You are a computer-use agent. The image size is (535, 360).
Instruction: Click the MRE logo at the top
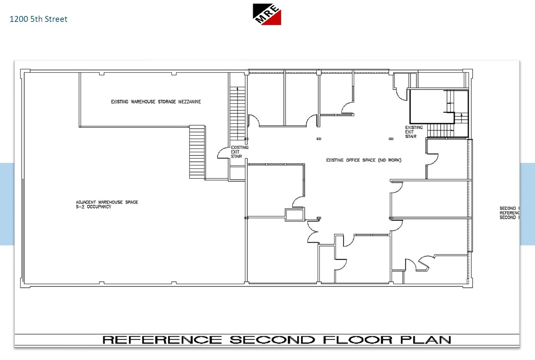pyautogui.click(x=267, y=14)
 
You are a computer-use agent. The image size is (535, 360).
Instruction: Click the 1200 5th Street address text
pyautogui.click(x=38, y=19)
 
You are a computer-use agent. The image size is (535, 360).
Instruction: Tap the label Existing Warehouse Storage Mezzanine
pyautogui.click(x=156, y=102)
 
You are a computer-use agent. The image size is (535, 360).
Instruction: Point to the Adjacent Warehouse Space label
pyautogui.click(x=107, y=202)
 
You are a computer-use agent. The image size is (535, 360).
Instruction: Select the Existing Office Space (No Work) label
pyautogui.click(x=364, y=160)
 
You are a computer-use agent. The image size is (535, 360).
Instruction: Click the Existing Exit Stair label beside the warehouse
pyautogui.click(x=239, y=152)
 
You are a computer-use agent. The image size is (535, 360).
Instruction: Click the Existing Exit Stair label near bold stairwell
pyautogui.click(x=413, y=132)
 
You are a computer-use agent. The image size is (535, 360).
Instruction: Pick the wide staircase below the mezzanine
pyautogui.click(x=197, y=152)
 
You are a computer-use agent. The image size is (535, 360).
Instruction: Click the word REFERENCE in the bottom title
pyautogui.click(x=162, y=340)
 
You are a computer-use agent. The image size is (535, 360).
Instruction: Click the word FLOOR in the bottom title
pyautogui.click(x=357, y=340)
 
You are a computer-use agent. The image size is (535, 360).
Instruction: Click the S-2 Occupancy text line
pyautogui.click(x=94, y=207)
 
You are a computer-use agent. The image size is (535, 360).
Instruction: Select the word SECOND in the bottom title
pyautogui.click(x=272, y=340)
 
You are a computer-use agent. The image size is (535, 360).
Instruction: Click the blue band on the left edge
pyautogui.click(x=7, y=204)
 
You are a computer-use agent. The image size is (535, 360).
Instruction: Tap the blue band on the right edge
pyautogui.click(x=527, y=204)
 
